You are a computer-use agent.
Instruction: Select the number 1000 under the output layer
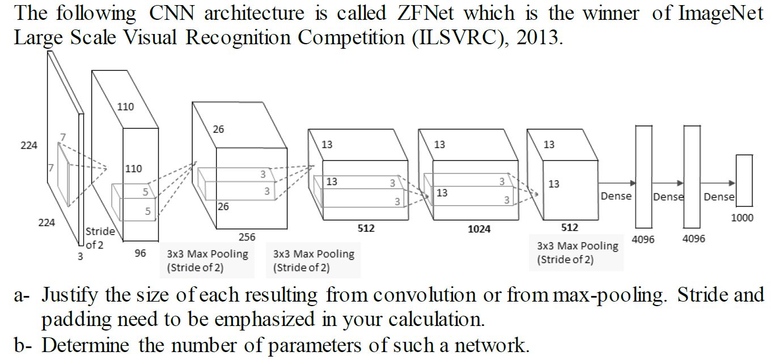click(x=743, y=217)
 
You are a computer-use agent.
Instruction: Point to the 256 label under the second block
click(x=247, y=237)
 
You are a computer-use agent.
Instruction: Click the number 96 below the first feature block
click(x=140, y=253)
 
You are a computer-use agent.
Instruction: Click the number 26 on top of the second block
click(x=218, y=129)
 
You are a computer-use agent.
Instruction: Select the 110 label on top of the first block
click(x=125, y=107)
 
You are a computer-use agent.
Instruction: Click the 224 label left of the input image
click(x=29, y=145)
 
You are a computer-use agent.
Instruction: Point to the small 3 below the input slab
click(x=80, y=256)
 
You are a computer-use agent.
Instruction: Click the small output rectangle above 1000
click(x=744, y=180)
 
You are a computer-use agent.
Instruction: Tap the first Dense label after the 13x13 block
click(x=616, y=196)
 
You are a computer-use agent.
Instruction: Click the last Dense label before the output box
click(x=719, y=197)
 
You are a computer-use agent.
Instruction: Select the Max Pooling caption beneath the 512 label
click(x=577, y=253)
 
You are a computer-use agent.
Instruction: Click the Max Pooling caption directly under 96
click(x=207, y=261)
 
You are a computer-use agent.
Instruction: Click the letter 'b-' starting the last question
click(x=23, y=345)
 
